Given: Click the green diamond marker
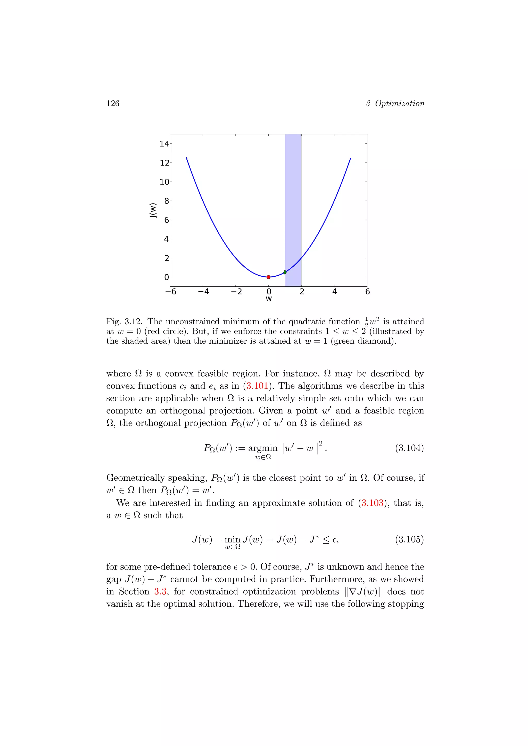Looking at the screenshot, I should [285, 272].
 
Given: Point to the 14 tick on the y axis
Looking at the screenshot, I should [164, 144].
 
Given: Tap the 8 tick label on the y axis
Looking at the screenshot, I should [167, 201].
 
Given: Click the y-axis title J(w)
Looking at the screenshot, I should [153, 210].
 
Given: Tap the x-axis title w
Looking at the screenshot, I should [269, 299].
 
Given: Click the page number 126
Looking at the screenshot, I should [113, 103].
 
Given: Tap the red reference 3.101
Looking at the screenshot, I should [257, 386].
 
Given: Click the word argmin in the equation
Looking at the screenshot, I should [263, 448].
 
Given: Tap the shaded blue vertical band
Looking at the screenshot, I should [293, 195].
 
